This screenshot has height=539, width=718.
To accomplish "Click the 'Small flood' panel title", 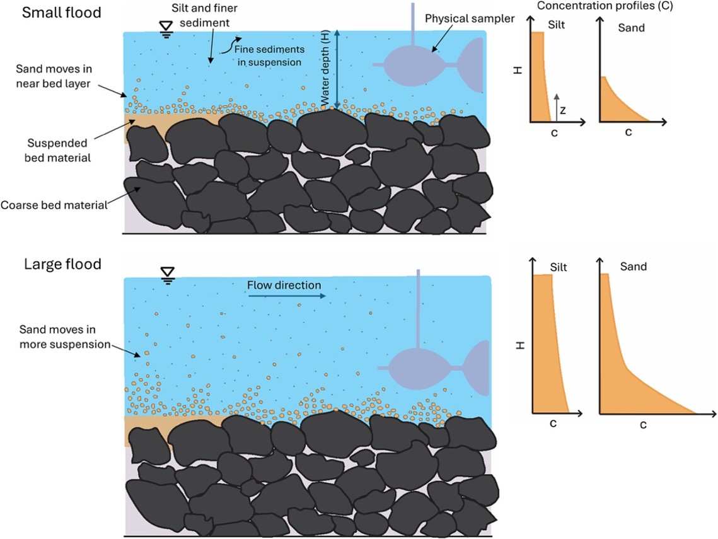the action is coord(61,13).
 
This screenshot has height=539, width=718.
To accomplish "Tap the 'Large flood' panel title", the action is coord(63,264).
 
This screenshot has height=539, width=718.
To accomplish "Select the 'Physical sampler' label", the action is coord(470,19).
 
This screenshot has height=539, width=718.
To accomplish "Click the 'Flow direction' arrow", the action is coord(287,296).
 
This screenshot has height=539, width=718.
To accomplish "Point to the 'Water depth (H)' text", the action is coord(325,68).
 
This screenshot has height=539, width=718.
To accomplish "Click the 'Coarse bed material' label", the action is coord(54,205).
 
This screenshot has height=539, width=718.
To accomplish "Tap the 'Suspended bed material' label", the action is coord(57,150).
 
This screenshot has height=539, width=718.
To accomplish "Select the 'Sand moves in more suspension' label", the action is coord(64,337).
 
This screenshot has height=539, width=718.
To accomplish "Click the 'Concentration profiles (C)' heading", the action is coord(605,6).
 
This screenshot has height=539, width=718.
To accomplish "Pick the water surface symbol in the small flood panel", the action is coord(166,29).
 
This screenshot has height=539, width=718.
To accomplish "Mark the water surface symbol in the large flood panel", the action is coord(168,276).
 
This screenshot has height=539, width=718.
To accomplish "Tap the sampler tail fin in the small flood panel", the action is coord(471,65).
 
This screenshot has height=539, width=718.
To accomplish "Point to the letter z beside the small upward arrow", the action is coord(563,110).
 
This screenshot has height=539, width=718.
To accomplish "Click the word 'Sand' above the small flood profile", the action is coord(631,28).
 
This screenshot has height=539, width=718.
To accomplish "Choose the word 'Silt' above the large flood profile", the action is coord(558,267).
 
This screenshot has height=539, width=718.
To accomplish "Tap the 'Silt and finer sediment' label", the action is coord(204,15).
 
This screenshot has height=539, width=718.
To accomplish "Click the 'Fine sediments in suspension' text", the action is coord(269,55).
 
